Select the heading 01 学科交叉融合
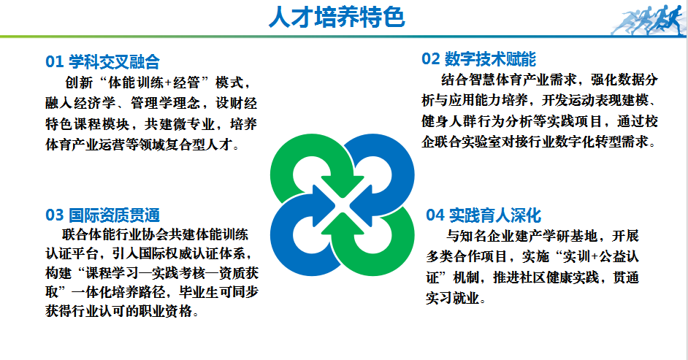(x=102, y=61)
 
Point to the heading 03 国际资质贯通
(x=102, y=215)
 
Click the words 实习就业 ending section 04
(x=454, y=299)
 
